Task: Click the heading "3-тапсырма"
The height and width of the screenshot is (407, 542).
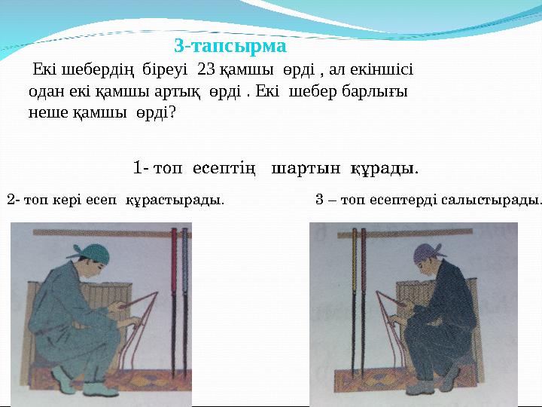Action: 230,47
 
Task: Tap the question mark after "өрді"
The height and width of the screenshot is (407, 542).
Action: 173,112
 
